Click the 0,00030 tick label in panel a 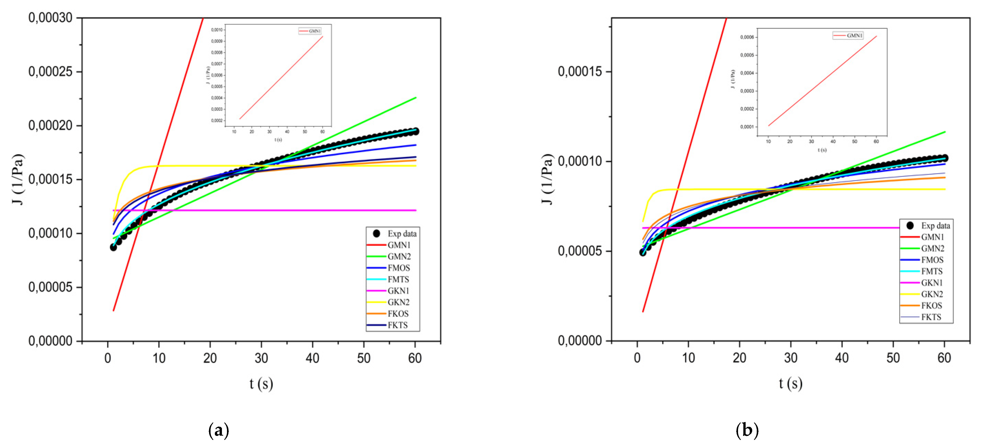[x=50, y=18]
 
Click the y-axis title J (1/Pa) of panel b [x=547, y=179]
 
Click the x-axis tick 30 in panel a [x=261, y=358]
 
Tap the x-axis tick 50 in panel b [x=893, y=358]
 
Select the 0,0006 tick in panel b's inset [x=747, y=37]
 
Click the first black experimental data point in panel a [x=113, y=247]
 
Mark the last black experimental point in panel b [x=945, y=158]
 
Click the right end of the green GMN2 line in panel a [x=416, y=98]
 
